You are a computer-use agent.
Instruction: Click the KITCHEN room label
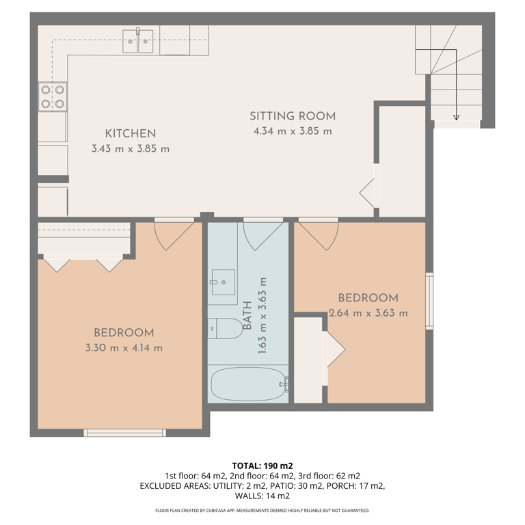pyautogui.click(x=131, y=133)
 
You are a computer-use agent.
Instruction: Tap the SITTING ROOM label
pyautogui.click(x=293, y=116)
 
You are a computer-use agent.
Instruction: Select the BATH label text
pyautogui.click(x=247, y=315)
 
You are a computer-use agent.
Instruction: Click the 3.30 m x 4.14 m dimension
pyautogui.click(x=124, y=348)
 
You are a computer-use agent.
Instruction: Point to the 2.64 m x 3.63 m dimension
pyautogui.click(x=368, y=313)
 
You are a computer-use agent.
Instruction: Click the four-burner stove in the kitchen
pyautogui.click(x=53, y=97)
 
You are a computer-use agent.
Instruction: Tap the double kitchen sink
pyautogui.click(x=137, y=41)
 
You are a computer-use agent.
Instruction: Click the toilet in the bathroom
pyautogui.click(x=225, y=328)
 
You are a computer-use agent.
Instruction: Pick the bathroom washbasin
pyautogui.click(x=224, y=282)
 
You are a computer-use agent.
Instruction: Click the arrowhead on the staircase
pyautogui.click(x=456, y=117)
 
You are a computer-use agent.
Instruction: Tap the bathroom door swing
pyautogui.click(x=263, y=234)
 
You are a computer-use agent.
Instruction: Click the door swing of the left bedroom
pyautogui.click(x=174, y=235)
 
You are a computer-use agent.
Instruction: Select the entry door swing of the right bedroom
pyautogui.click(x=318, y=235)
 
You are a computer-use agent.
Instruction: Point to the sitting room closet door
pyautogui.click(x=368, y=193)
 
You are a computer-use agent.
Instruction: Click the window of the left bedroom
pyautogui.click(x=125, y=433)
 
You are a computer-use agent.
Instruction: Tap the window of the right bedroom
pyautogui.click(x=429, y=301)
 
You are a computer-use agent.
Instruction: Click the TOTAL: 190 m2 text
pyautogui.click(x=262, y=466)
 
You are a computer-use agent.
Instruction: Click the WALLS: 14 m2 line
pyautogui.click(x=262, y=496)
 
